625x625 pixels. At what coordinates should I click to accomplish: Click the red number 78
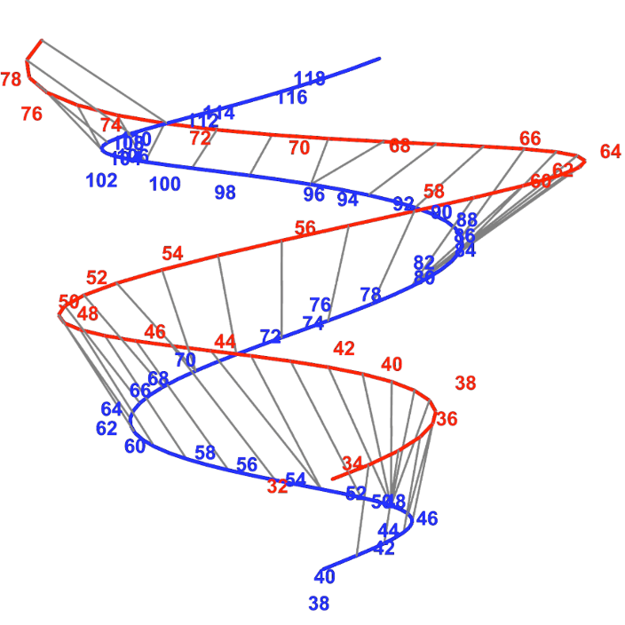click(11, 80)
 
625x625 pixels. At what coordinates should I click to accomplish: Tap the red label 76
click(31, 114)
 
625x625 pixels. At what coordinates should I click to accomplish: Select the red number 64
click(611, 152)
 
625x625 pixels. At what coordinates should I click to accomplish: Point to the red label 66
click(530, 138)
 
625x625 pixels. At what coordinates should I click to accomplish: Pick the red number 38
click(465, 384)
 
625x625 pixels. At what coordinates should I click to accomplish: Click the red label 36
click(447, 419)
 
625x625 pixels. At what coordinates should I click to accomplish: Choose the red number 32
click(277, 487)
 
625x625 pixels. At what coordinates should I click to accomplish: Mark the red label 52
click(97, 278)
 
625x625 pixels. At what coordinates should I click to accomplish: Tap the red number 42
click(344, 349)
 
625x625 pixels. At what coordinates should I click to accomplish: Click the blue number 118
click(310, 79)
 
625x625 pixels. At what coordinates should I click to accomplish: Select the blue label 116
click(292, 98)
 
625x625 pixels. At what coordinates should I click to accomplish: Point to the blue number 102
click(101, 181)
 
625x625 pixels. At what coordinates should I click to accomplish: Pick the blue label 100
click(165, 185)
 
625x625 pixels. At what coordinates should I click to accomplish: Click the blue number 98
click(225, 192)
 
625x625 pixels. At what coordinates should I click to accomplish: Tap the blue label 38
click(319, 604)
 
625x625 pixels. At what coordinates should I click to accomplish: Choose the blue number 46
click(427, 518)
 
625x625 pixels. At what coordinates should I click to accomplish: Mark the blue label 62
click(107, 429)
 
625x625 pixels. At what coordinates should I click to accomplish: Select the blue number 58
click(205, 453)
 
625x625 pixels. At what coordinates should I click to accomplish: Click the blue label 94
click(347, 200)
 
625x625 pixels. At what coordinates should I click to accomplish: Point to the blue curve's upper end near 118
click(379, 59)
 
